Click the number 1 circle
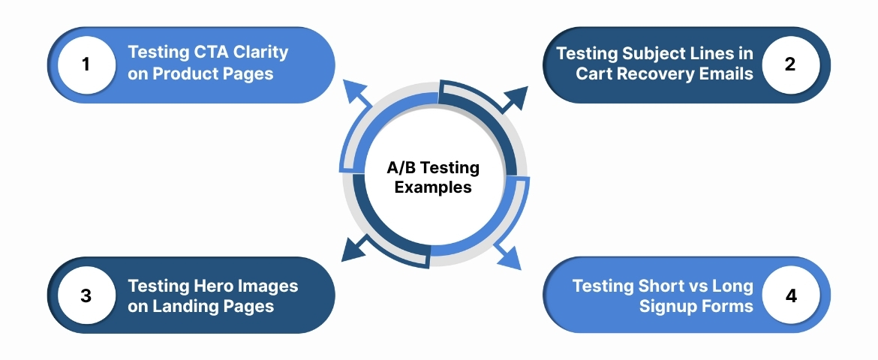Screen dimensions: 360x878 86,64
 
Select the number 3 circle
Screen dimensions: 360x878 86,295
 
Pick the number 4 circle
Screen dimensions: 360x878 790,295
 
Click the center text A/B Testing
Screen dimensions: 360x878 433,169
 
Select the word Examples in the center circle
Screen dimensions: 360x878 433,187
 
